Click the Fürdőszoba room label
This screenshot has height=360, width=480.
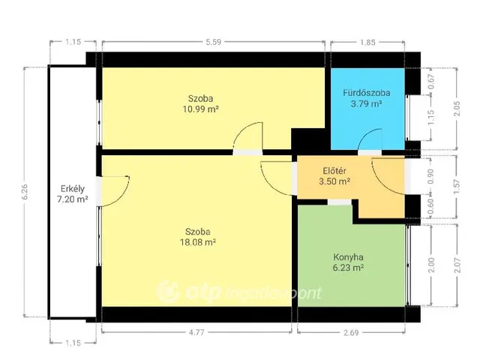[x=367, y=93]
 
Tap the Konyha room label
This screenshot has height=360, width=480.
[x=348, y=257]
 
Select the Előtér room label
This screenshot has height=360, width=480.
[x=334, y=171]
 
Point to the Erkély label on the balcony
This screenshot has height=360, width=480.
[x=73, y=189]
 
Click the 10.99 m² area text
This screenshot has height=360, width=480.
[x=201, y=109]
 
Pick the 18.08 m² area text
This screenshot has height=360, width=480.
[x=198, y=242]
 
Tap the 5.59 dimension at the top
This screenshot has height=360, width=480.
[x=213, y=42]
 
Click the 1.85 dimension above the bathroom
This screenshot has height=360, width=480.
[x=367, y=42]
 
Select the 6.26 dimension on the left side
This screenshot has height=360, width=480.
[x=25, y=192]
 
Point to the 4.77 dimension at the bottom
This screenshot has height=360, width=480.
[x=196, y=332]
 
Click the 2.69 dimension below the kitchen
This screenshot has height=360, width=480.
[x=351, y=333]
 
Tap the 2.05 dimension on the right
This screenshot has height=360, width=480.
[x=457, y=109]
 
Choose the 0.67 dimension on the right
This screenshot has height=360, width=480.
[x=431, y=82]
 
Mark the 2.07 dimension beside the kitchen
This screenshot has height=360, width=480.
[x=457, y=265]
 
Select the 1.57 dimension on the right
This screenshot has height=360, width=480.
[x=457, y=187]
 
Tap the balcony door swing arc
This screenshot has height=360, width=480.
[x=125, y=194]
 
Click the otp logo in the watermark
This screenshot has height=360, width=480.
[x=189, y=292]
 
